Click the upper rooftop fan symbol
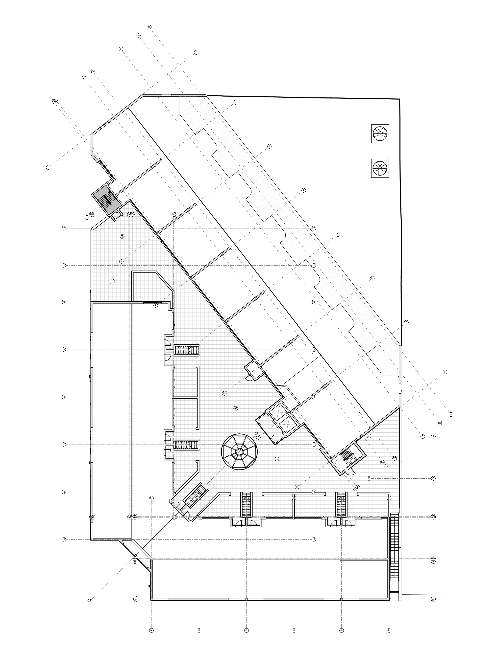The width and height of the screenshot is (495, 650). click(x=380, y=134)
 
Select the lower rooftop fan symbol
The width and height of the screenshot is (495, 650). click(x=380, y=168)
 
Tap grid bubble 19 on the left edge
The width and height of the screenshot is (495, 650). click(x=64, y=350)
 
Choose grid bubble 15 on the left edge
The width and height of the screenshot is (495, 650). click(x=64, y=539)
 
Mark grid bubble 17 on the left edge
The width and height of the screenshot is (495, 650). click(x=64, y=445)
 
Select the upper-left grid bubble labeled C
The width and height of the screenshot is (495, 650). click(x=121, y=49)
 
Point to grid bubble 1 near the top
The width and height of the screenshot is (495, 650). click(x=196, y=52)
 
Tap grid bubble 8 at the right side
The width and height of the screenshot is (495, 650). click(x=445, y=372)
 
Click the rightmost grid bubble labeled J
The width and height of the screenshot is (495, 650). click(x=433, y=436)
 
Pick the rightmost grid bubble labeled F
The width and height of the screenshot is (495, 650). click(x=433, y=478)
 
